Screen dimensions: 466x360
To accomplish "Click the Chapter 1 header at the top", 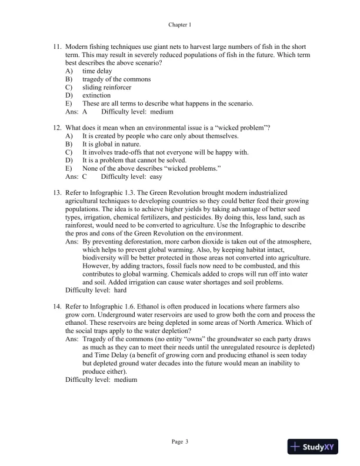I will pyautogui.click(x=180, y=25).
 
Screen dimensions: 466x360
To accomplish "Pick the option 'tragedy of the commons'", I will pyautogui.click(x=116, y=79).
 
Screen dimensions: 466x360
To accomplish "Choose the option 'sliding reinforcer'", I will pyautogui.click(x=106, y=87).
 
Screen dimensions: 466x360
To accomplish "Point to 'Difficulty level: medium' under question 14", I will pyautogui.click(x=101, y=380).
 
